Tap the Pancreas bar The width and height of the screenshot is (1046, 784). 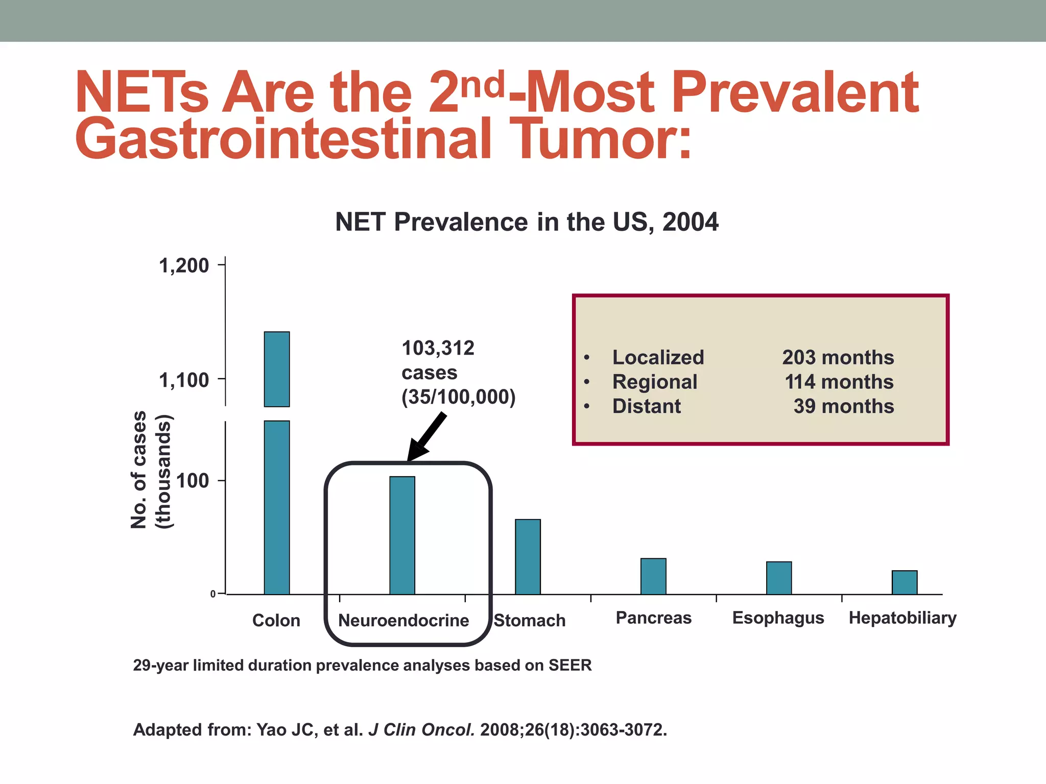pyautogui.click(x=653, y=576)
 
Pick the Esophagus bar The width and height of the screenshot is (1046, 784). pyautogui.click(x=779, y=578)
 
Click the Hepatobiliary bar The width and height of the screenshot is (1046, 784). pyautogui.click(x=905, y=582)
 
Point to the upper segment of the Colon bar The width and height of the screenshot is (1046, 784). pyautogui.click(x=277, y=369)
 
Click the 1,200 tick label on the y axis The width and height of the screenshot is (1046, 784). pyautogui.click(x=184, y=265)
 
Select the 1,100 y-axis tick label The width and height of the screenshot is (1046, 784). pyautogui.click(x=184, y=380)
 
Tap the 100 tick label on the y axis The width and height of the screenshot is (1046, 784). pyautogui.click(x=193, y=481)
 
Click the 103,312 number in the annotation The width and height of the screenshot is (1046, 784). pyautogui.click(x=438, y=348)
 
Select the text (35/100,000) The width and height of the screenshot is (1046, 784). pyautogui.click(x=458, y=397)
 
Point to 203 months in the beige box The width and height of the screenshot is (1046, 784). pyautogui.click(x=838, y=357)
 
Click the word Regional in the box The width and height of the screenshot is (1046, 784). pyautogui.click(x=655, y=382)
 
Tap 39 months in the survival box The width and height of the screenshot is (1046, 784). pyautogui.click(x=843, y=406)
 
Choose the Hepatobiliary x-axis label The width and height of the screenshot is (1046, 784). pyautogui.click(x=902, y=618)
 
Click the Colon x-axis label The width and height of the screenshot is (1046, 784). pyautogui.click(x=276, y=620)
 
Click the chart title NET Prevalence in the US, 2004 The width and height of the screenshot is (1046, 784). pyautogui.click(x=527, y=222)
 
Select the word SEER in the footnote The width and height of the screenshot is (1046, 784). pyautogui.click(x=570, y=665)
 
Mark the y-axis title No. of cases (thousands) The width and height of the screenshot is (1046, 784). pyautogui.click(x=152, y=470)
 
